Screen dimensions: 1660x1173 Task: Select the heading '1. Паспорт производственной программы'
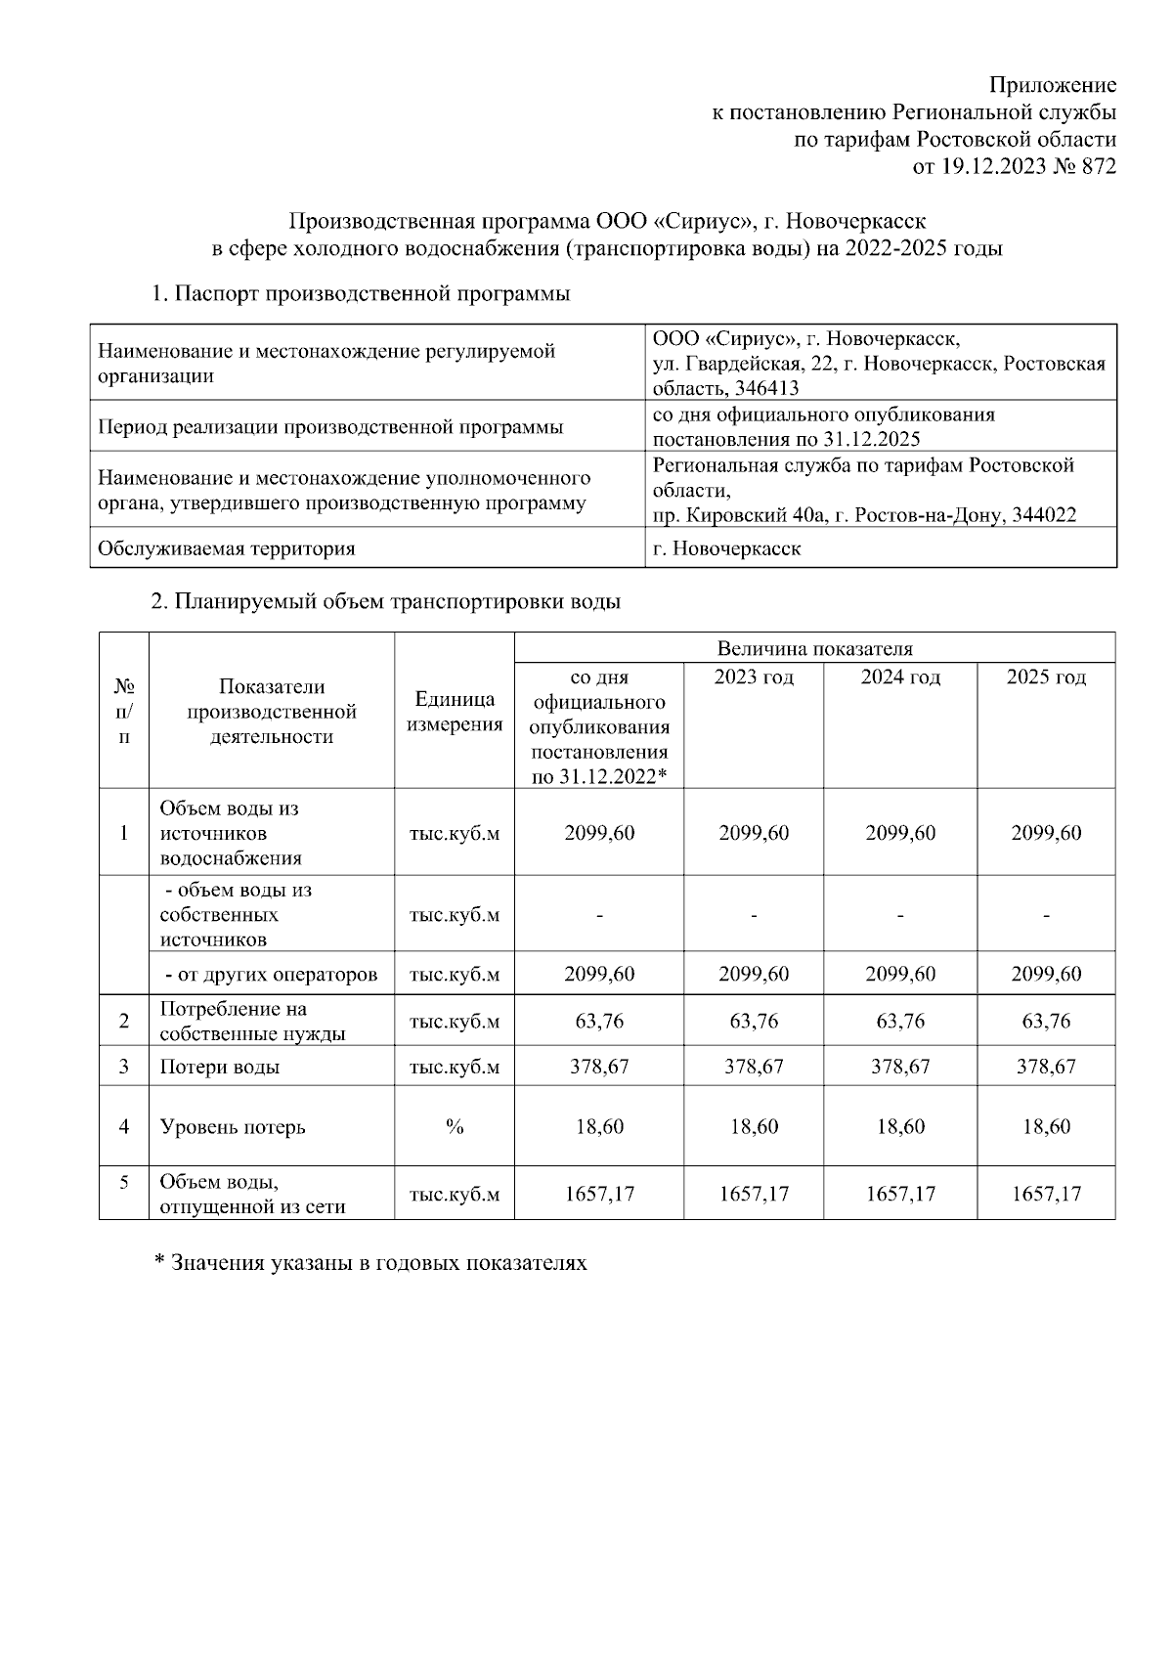[x=360, y=293]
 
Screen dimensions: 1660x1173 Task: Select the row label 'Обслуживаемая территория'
[x=226, y=548]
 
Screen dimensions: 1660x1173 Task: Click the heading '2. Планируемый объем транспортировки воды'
[x=385, y=602]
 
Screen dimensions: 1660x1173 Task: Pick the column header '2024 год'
[x=900, y=677]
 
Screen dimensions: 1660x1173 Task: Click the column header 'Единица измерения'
[x=455, y=712]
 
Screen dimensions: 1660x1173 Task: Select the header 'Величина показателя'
[x=814, y=648]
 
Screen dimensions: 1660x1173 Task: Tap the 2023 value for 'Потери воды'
[x=754, y=1067]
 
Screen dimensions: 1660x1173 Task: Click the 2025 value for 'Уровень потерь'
[x=1046, y=1126]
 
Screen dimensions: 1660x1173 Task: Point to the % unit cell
[x=455, y=1126]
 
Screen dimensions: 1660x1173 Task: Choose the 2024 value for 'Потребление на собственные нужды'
[x=900, y=1022]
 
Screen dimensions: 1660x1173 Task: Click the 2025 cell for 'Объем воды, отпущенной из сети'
[x=1046, y=1194]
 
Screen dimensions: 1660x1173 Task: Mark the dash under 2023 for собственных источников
[x=754, y=916]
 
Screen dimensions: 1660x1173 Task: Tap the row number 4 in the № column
[x=124, y=1126]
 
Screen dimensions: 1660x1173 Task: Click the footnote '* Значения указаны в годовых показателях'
[x=371, y=1263]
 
